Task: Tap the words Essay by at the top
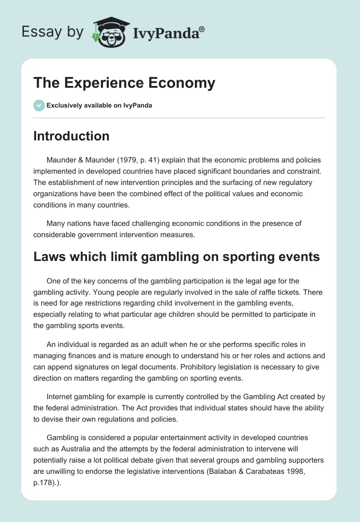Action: pos(53,32)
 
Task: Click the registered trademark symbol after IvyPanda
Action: pos(202,29)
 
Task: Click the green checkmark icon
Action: pos(39,105)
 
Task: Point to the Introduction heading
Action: pos(71,136)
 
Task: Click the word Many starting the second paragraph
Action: pos(56,223)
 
